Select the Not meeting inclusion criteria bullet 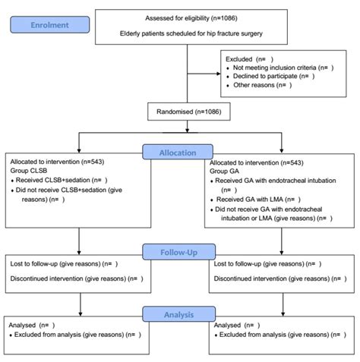coord(281,68)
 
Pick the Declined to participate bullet coord(274,77)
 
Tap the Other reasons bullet coord(262,86)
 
